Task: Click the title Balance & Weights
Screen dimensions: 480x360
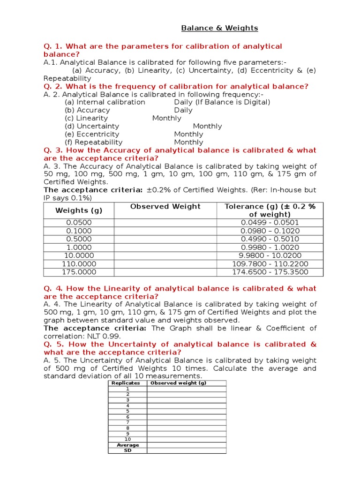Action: click(x=219, y=28)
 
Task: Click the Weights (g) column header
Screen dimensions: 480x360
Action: click(x=79, y=210)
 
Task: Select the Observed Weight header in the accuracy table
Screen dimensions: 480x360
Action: click(x=165, y=207)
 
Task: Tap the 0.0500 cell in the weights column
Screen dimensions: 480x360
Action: click(x=79, y=223)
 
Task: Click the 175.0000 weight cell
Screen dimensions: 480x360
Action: click(x=79, y=272)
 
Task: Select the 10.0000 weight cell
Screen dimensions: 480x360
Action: click(x=79, y=255)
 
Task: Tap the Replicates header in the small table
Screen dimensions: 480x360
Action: click(x=127, y=383)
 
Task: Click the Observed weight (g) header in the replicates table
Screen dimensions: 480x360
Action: click(x=178, y=383)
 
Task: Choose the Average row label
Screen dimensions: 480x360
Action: click(x=127, y=445)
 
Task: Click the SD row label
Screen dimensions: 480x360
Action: click(x=127, y=450)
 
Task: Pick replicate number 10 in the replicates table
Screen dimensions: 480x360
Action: click(x=127, y=439)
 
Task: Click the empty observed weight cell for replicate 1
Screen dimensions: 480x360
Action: click(x=186, y=389)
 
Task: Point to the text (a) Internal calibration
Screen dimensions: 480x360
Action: click(x=105, y=102)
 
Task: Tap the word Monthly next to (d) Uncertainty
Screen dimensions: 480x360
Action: click(x=207, y=126)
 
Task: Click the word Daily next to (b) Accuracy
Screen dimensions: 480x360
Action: click(x=183, y=110)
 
